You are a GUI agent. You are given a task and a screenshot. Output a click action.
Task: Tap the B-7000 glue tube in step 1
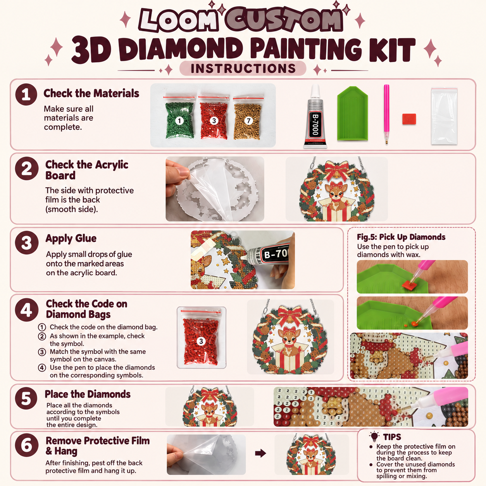point(315,116)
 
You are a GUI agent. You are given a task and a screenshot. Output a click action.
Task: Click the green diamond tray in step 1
point(353,114)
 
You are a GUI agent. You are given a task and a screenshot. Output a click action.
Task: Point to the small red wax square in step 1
point(409,119)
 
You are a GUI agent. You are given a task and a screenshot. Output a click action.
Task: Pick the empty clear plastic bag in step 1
point(444,116)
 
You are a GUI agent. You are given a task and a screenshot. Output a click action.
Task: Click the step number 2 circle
point(27,169)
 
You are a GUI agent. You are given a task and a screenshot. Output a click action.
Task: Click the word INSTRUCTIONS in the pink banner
point(243,69)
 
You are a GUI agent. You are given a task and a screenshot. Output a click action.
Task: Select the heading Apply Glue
point(71,238)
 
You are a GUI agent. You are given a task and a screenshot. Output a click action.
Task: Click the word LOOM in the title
point(179,20)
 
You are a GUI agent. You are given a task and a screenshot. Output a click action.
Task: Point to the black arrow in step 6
point(260,453)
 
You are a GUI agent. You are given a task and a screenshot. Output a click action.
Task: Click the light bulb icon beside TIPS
point(374,436)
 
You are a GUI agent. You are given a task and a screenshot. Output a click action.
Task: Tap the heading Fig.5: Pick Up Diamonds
point(401,237)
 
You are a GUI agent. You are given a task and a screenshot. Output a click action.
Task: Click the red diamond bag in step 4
point(201,338)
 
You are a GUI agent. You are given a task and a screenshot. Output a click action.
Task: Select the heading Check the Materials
point(91,93)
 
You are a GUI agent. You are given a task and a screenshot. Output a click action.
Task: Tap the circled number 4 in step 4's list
point(42,368)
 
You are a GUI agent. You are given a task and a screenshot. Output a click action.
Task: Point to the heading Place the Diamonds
point(88,394)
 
